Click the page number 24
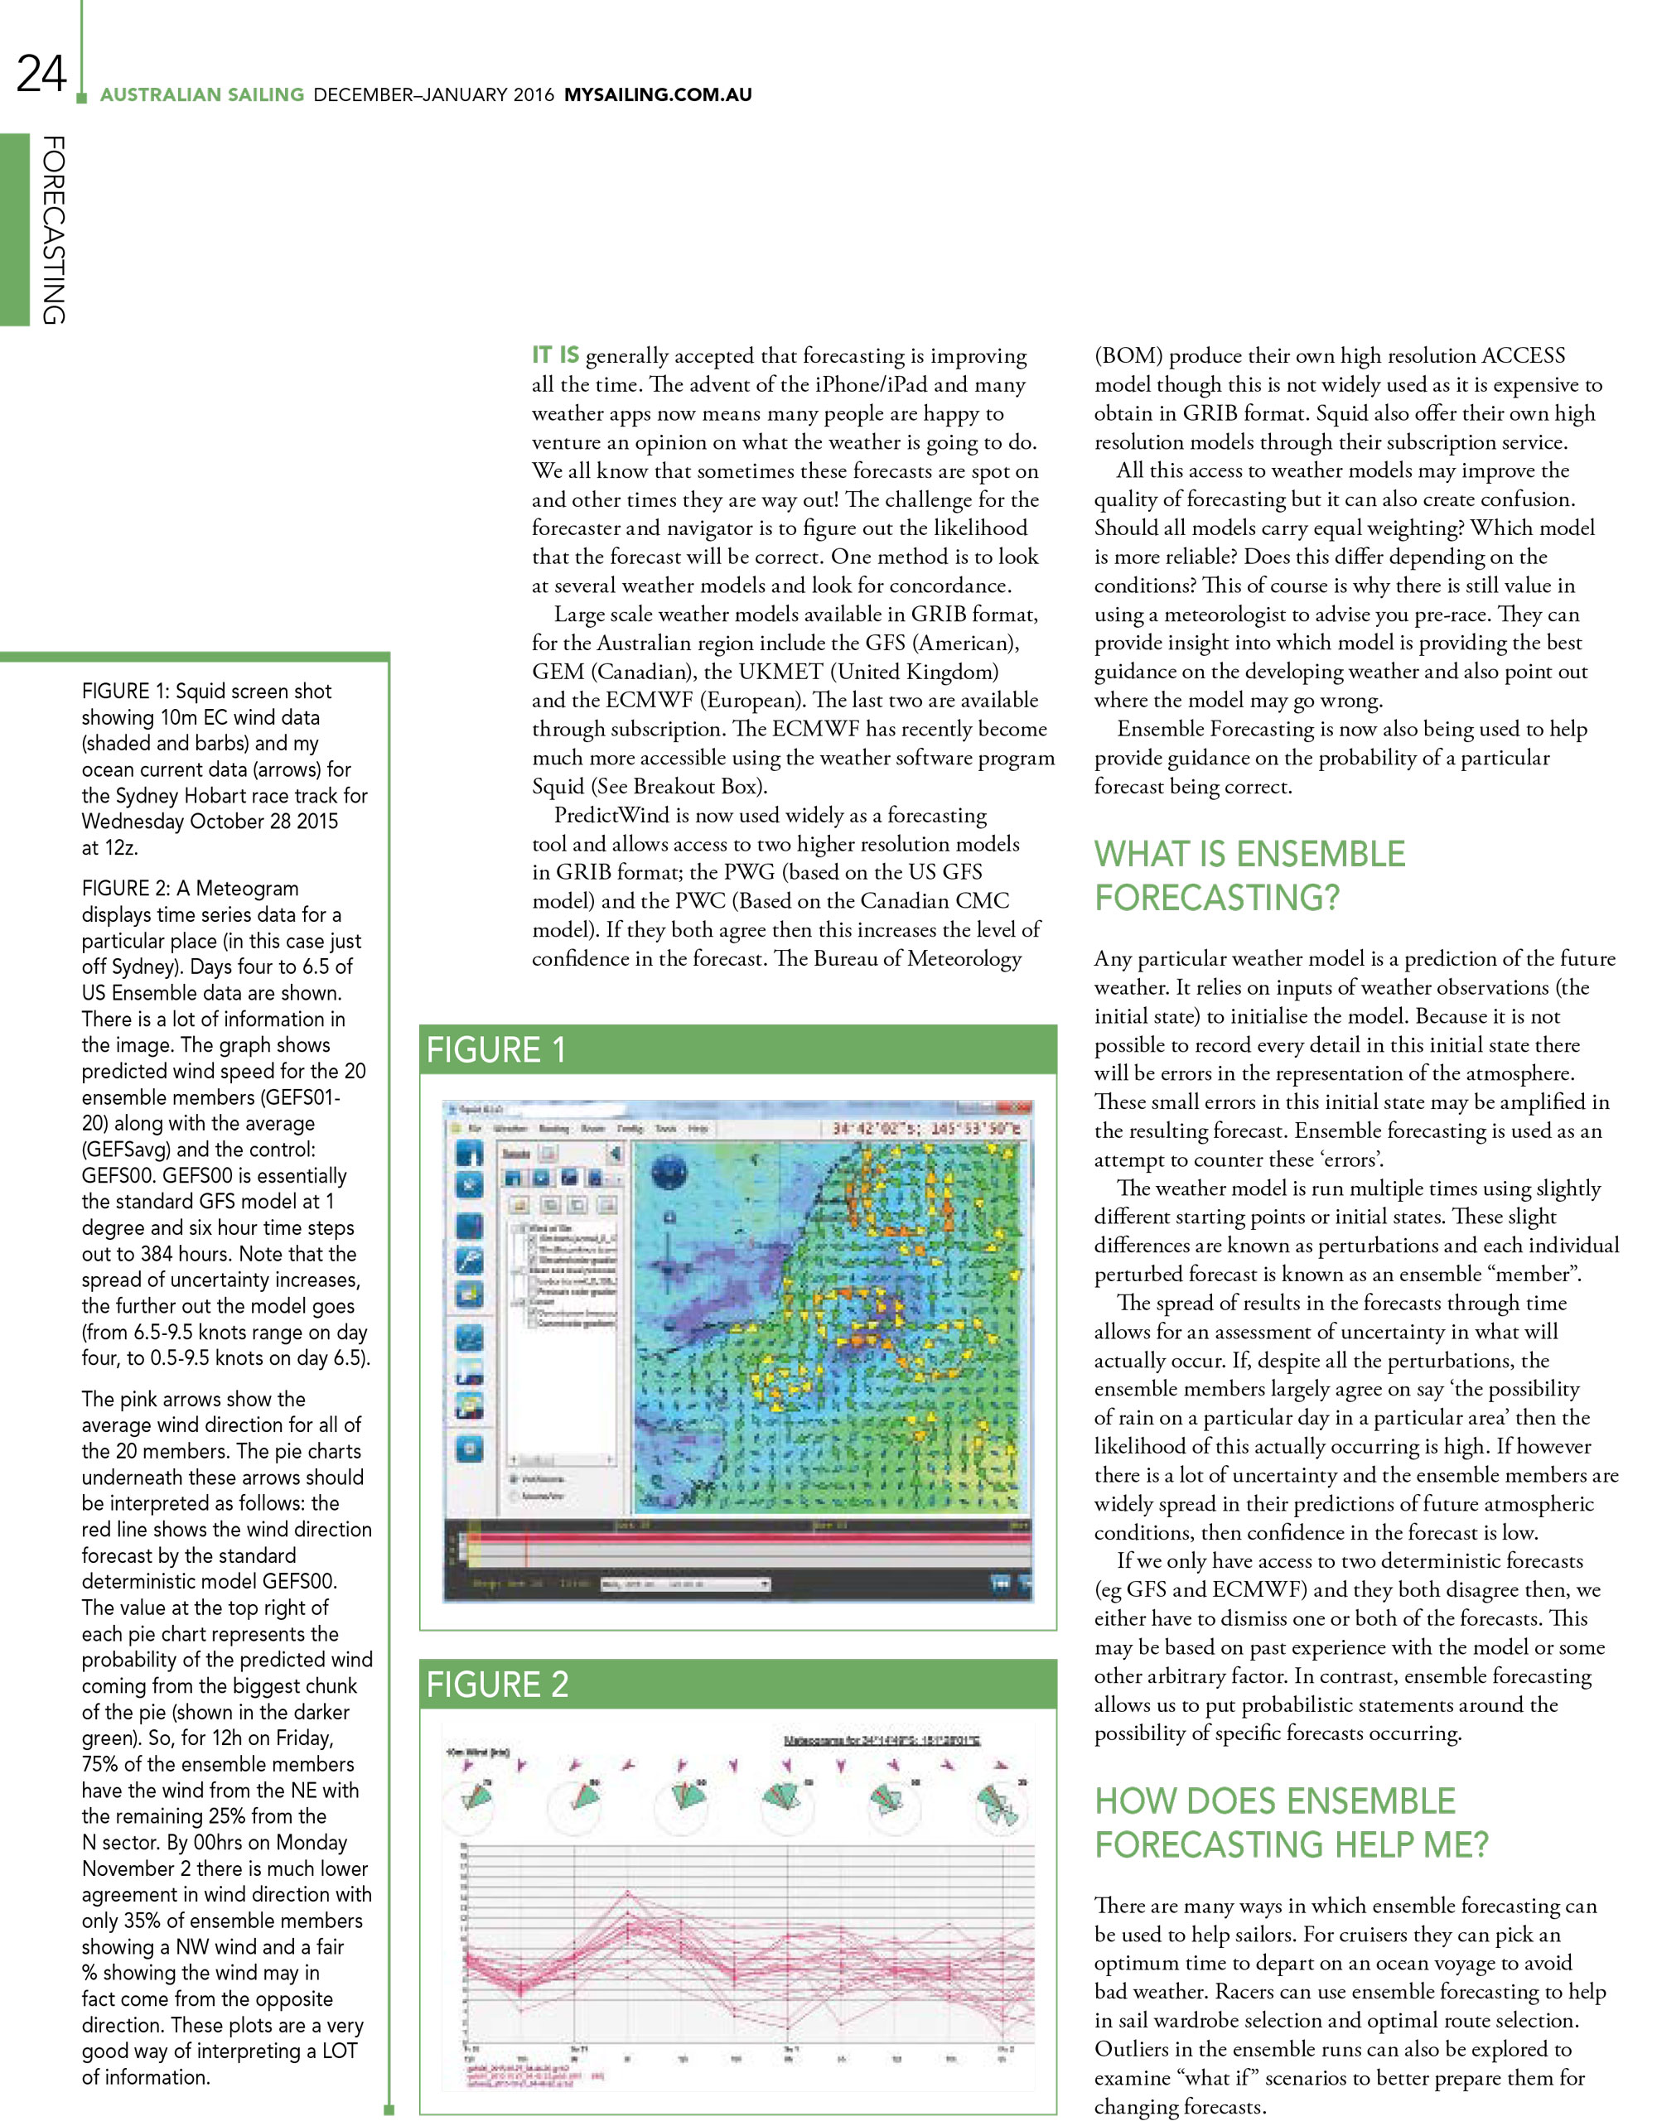(x=41, y=74)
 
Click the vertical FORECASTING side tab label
(x=54, y=229)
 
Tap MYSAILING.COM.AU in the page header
(x=657, y=94)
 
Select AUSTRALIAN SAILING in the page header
(x=201, y=94)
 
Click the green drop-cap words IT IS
(x=555, y=354)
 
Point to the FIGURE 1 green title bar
(x=737, y=1049)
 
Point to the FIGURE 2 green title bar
(x=737, y=1684)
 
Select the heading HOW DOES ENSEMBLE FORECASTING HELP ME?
(x=1291, y=1822)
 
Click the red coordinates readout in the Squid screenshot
(x=926, y=1128)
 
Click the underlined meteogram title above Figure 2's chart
(x=881, y=1739)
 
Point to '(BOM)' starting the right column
(x=1128, y=355)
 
